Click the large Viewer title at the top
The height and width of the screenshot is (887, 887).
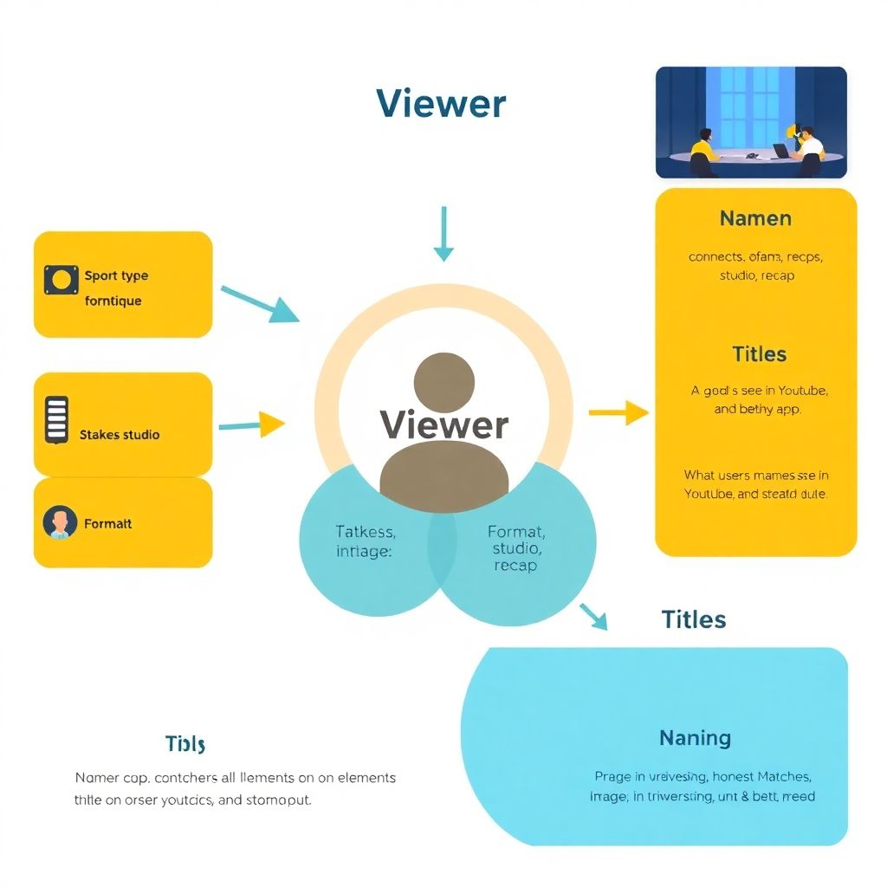coord(441,104)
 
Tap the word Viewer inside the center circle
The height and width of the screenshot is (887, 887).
coord(444,424)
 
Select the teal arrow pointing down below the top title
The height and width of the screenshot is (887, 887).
coord(443,234)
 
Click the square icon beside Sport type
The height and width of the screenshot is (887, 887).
coord(61,279)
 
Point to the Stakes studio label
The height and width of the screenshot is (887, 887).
coord(120,435)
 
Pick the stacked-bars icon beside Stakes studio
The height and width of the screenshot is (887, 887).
coord(56,421)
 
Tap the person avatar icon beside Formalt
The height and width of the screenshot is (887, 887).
coord(60,523)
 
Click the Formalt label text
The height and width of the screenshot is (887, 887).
coord(108,523)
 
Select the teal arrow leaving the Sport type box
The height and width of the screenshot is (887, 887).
coord(259,304)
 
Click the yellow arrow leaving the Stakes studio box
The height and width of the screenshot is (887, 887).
coord(252,424)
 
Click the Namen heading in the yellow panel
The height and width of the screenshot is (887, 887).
coord(755,218)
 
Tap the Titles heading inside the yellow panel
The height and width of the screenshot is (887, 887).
coord(759,354)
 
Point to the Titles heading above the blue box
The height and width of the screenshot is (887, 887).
coord(693,619)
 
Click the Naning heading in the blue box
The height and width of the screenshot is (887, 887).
coord(695,738)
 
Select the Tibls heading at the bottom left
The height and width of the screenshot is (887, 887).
coord(185,744)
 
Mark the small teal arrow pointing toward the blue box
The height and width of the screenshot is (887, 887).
coord(594,615)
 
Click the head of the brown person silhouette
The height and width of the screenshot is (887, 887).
coord(444,382)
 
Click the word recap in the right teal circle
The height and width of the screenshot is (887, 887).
coord(515,566)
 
